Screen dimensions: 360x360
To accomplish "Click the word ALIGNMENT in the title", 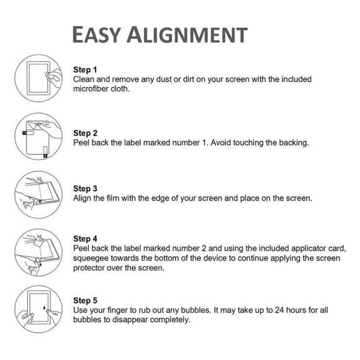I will pyautogui.click(x=195, y=35).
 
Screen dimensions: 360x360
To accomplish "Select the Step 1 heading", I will pyautogui.click(x=85, y=70).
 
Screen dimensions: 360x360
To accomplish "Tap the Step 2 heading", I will pyautogui.click(x=85, y=133).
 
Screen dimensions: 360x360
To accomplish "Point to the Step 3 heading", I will pyautogui.click(x=85, y=188).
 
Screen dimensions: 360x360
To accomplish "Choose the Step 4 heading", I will pyautogui.click(x=85, y=238).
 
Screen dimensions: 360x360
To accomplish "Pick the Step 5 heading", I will pyautogui.click(x=85, y=300).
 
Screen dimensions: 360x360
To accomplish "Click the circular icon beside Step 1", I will pyautogui.click(x=38, y=77).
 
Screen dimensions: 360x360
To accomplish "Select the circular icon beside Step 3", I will pyautogui.click(x=38, y=193).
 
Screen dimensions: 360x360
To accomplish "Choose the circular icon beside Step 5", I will pyautogui.click(x=38, y=308).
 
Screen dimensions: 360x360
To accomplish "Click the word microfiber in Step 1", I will pyautogui.click(x=94, y=89).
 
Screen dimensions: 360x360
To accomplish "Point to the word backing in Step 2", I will pyautogui.click(x=290, y=143).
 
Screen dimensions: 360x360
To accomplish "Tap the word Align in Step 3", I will pyautogui.click(x=83, y=198).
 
